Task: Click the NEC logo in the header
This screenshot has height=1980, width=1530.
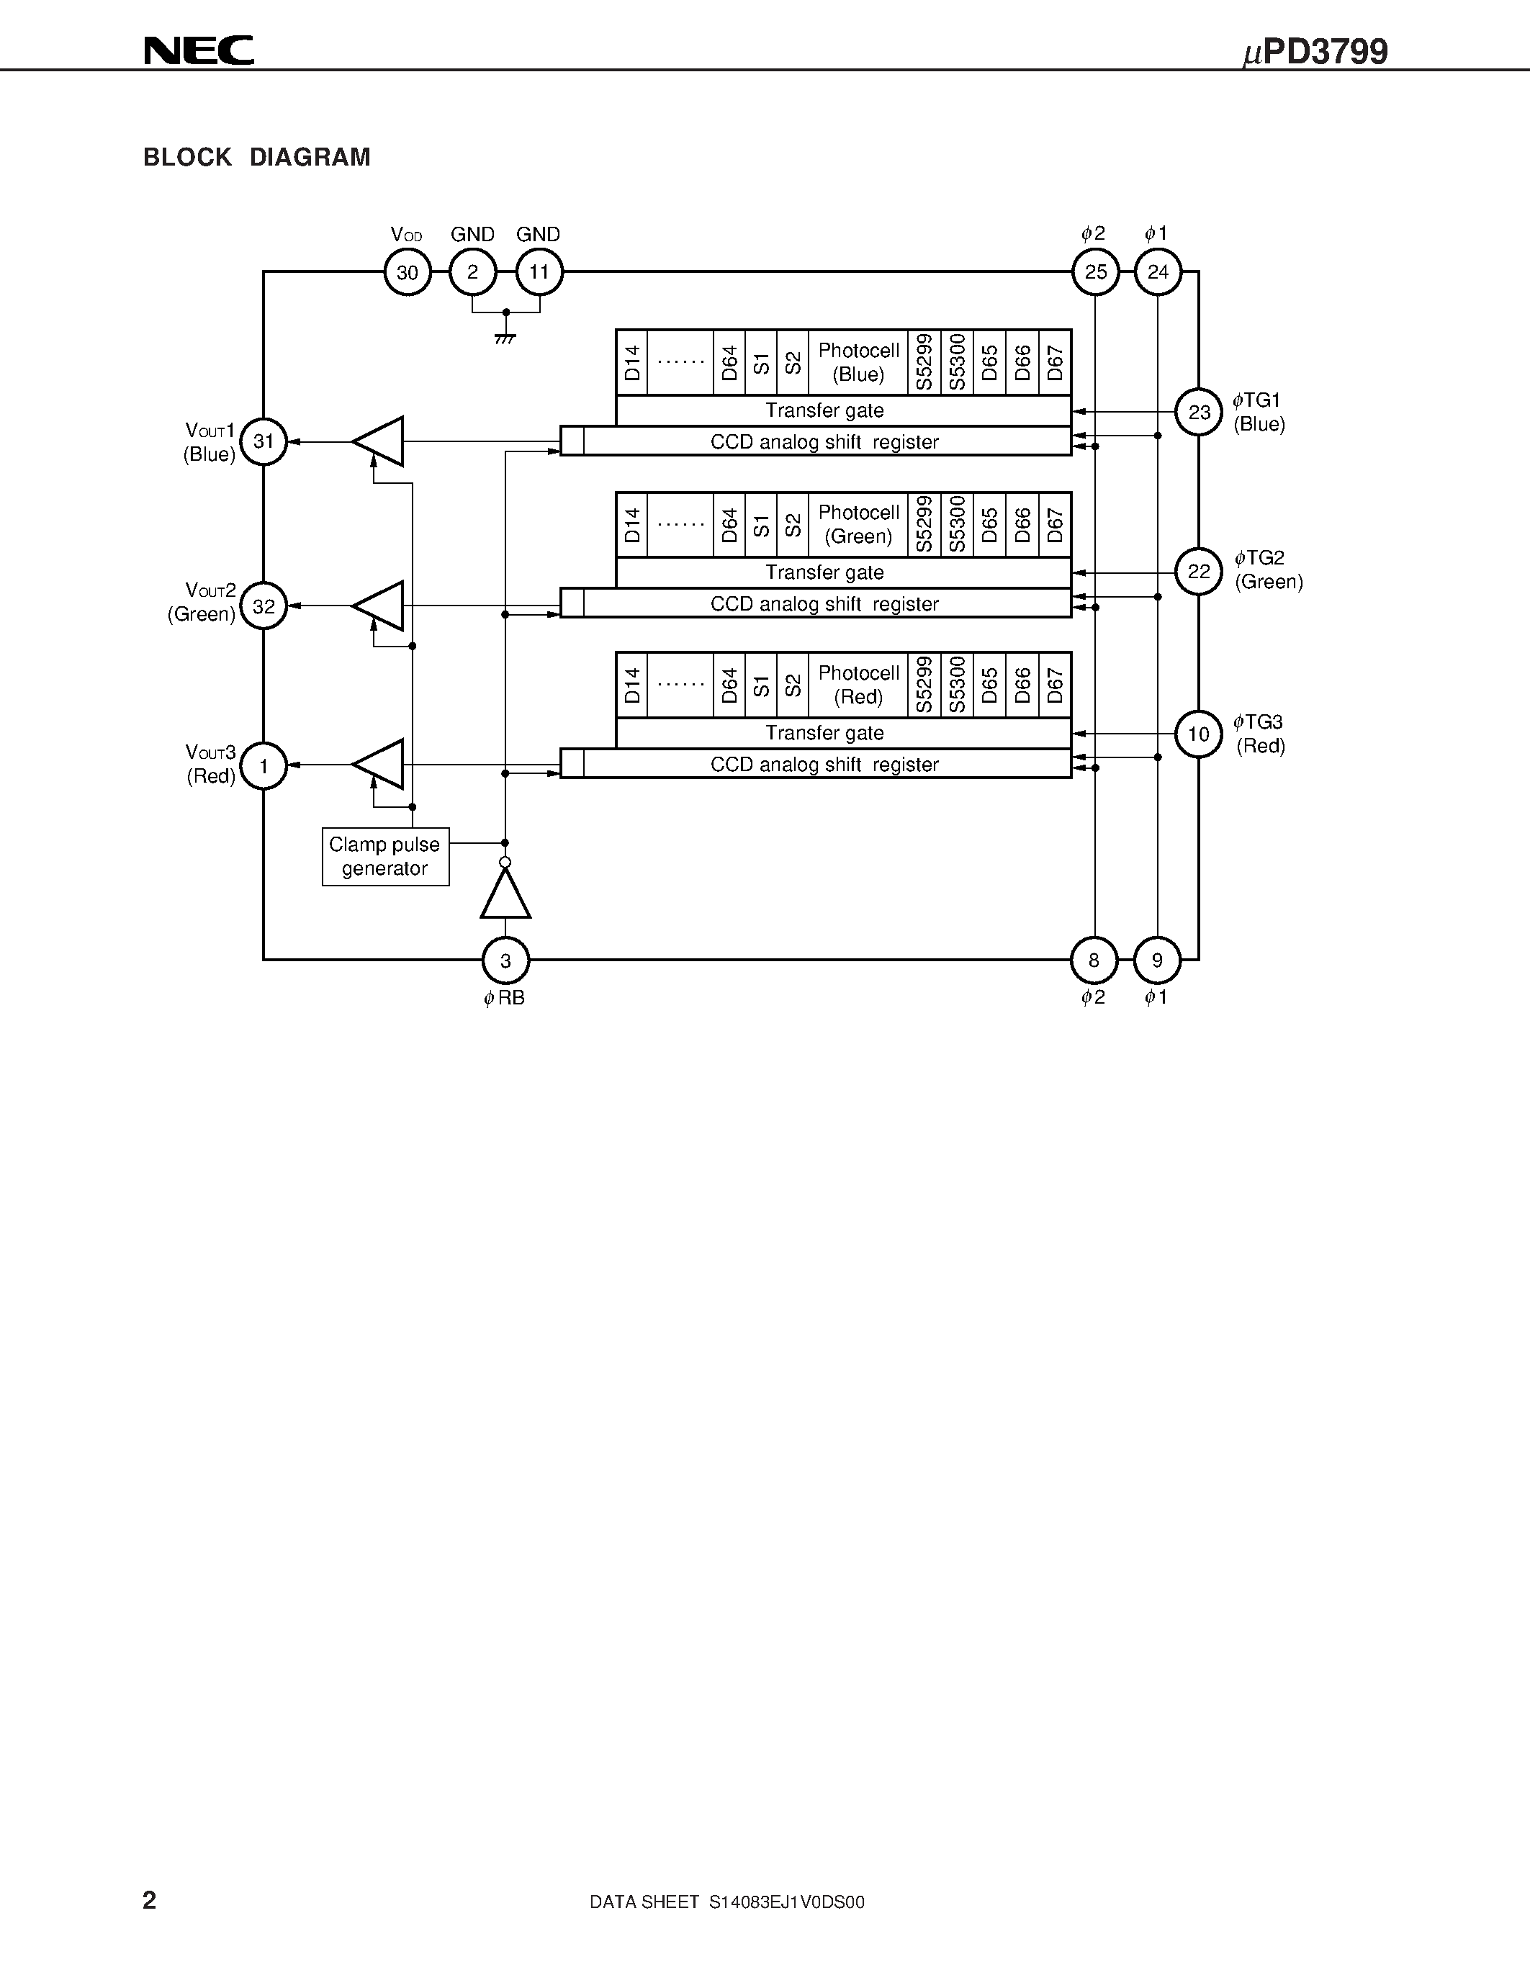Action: [x=199, y=51]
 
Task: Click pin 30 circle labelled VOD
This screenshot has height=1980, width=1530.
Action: [x=407, y=272]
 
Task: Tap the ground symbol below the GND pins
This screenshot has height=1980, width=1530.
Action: [x=505, y=338]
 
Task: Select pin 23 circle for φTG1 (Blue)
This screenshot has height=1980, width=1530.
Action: [x=1198, y=413]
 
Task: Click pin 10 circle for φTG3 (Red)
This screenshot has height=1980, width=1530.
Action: [x=1198, y=734]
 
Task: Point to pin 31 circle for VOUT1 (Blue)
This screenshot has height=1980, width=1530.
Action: [x=264, y=441]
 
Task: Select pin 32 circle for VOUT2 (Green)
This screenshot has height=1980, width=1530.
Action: [x=264, y=606]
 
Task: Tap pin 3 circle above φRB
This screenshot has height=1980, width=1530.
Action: [x=505, y=960]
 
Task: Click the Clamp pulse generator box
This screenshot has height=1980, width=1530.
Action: [x=385, y=857]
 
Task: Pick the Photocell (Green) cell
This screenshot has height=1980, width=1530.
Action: [x=858, y=525]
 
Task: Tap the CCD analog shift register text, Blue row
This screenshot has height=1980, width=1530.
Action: [x=824, y=441]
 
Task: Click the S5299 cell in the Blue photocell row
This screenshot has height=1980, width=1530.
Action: [x=924, y=361]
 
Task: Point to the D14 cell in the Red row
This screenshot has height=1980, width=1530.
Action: [x=631, y=685]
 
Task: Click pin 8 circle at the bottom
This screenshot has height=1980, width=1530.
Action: [x=1094, y=960]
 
